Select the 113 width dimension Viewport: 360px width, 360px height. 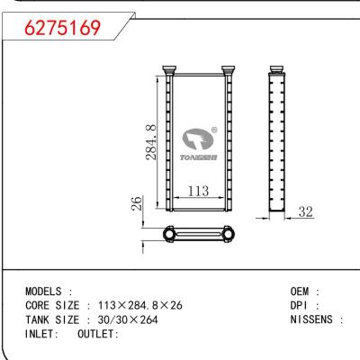tap(198, 190)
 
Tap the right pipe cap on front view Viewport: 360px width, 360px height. tap(229, 69)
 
